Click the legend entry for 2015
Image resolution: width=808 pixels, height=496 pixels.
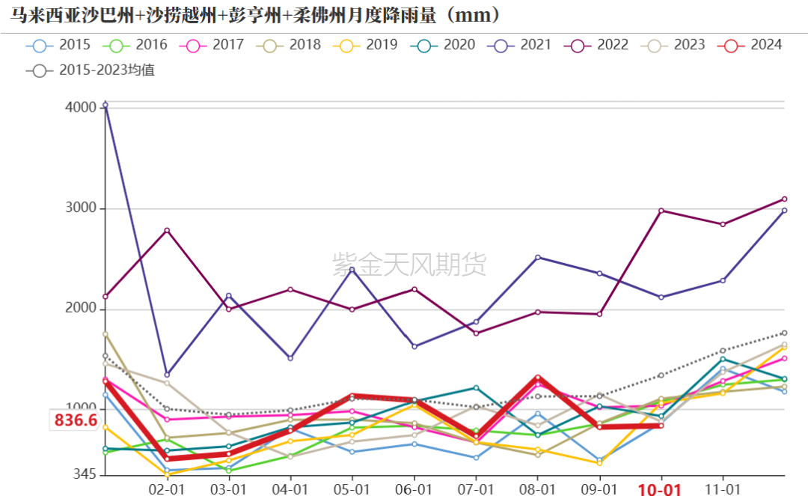point(60,45)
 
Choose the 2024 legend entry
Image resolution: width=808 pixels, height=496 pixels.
point(751,45)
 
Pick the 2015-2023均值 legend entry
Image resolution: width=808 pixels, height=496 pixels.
point(94,71)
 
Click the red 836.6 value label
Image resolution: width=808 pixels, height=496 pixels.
point(75,420)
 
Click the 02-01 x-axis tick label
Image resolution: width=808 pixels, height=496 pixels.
point(167,489)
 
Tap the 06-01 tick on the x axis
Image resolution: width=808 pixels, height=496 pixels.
point(414,489)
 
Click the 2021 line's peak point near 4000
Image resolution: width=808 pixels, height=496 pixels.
point(105,104)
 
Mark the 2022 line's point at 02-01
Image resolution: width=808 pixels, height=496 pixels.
point(167,230)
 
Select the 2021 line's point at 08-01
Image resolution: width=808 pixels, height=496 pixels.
point(538,258)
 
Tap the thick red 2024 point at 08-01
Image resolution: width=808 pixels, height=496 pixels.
point(538,378)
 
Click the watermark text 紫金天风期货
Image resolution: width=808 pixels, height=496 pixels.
point(409,263)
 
